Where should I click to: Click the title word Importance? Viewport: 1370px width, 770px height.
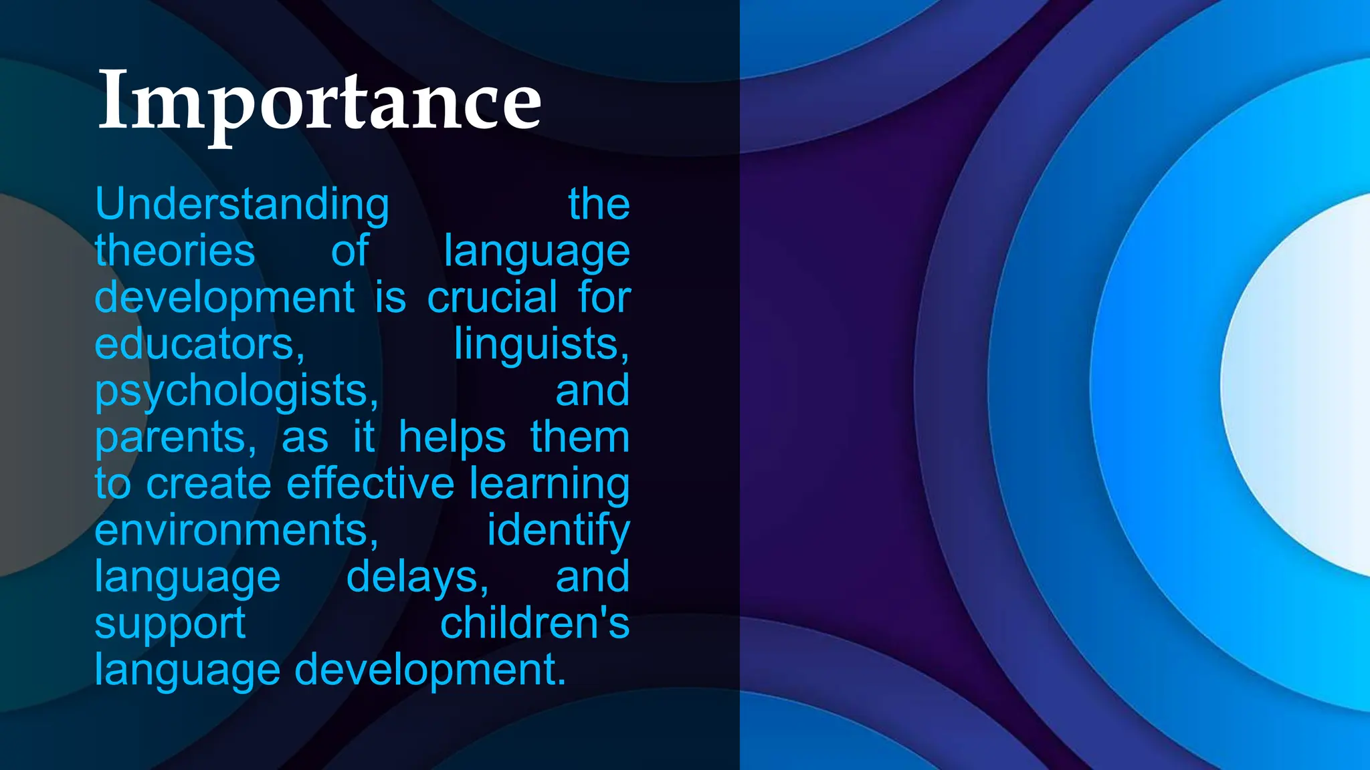click(x=319, y=102)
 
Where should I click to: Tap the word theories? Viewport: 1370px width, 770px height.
click(x=175, y=251)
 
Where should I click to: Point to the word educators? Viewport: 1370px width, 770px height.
click(x=199, y=344)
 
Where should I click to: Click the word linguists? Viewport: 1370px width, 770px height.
click(x=541, y=344)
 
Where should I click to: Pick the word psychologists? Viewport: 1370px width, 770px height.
click(x=237, y=390)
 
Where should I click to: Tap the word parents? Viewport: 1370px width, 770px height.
click(x=175, y=438)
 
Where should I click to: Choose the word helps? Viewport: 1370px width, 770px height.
click(x=452, y=438)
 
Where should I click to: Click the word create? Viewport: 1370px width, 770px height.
click(x=208, y=483)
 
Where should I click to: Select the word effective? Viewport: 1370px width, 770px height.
click(x=371, y=483)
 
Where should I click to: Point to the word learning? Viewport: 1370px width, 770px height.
click(x=549, y=485)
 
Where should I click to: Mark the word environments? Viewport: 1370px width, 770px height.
click(x=237, y=530)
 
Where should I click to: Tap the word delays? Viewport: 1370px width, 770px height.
click(x=417, y=577)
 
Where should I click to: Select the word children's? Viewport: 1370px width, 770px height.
click(x=534, y=623)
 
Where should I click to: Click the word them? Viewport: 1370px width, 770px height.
click(x=580, y=438)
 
